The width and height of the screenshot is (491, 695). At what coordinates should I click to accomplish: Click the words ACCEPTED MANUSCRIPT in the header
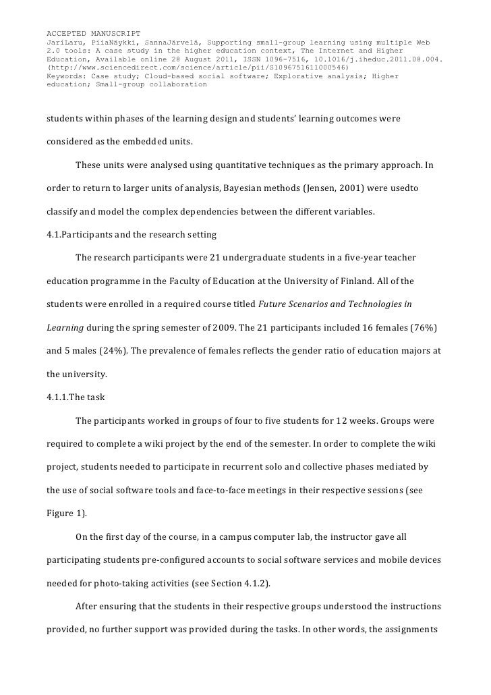click(x=92, y=33)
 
